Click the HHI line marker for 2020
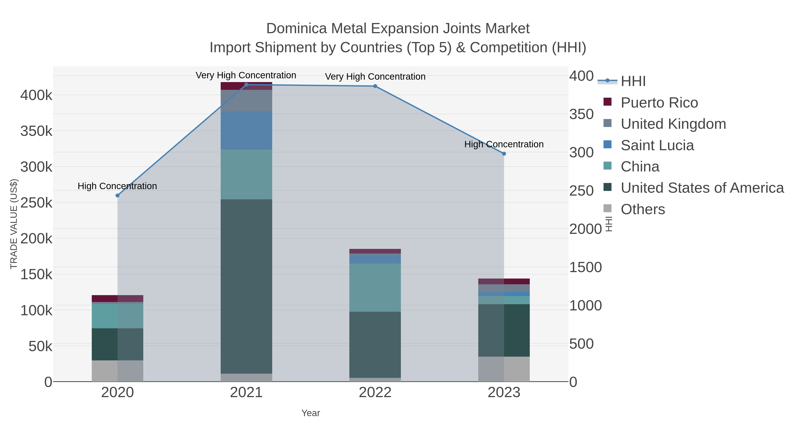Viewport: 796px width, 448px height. point(117,195)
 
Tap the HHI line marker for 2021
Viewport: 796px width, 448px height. point(246,85)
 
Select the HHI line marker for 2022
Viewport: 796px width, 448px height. point(375,86)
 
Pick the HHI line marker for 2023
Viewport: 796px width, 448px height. point(504,154)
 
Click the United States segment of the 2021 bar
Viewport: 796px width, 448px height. point(246,286)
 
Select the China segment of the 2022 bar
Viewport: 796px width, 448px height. point(375,288)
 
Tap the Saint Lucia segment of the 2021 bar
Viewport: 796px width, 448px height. point(246,131)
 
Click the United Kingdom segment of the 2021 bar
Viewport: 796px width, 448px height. point(246,100)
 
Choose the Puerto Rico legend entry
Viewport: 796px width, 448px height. point(659,103)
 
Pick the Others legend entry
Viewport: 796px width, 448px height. point(643,209)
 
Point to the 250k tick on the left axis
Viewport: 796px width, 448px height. point(36,203)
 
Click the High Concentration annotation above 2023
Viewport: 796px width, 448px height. point(504,144)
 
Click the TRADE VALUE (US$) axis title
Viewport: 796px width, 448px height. point(14,224)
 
